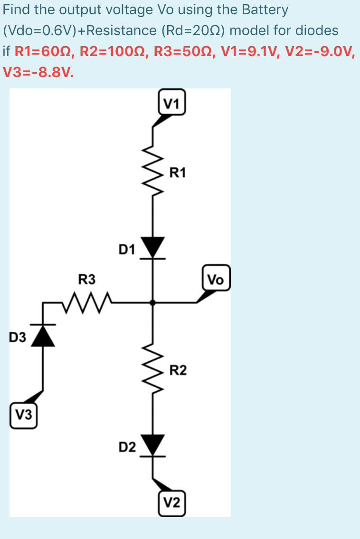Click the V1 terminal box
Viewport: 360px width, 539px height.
pyautogui.click(x=172, y=103)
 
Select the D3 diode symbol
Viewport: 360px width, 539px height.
pyautogui.click(x=44, y=335)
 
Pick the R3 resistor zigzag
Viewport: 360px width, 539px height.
pyautogui.click(x=86, y=300)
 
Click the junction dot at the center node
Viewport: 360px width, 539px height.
pyautogui.click(x=152, y=302)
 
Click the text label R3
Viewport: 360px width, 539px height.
pyautogui.click(x=87, y=279)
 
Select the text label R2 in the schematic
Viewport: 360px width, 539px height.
pyautogui.click(x=178, y=370)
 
